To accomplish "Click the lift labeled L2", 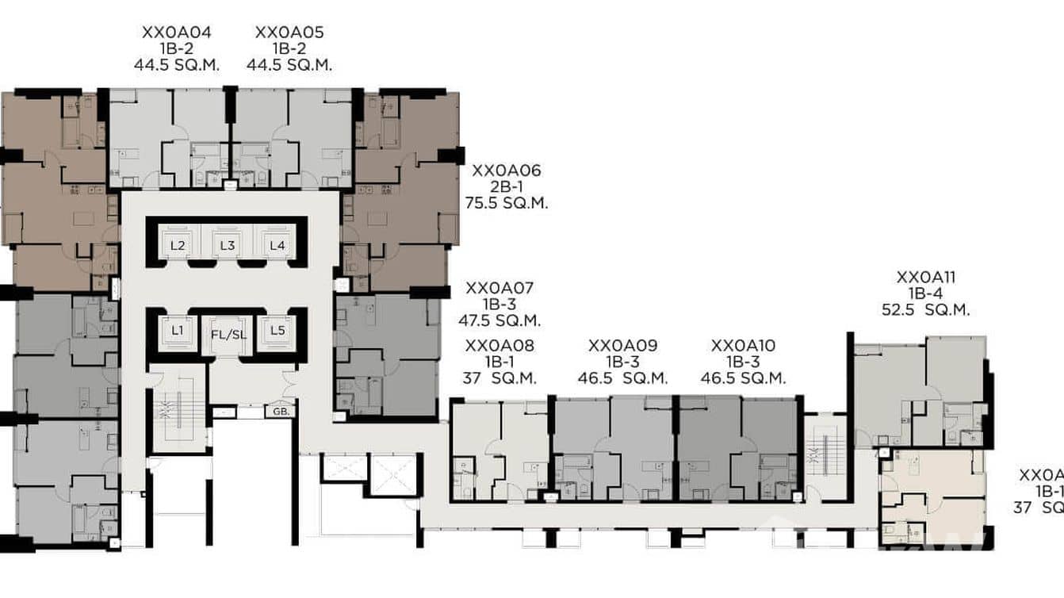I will click(178, 246).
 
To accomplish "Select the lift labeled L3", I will click(227, 246).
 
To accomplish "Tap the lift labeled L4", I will click(277, 246).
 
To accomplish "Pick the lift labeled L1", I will click(178, 329).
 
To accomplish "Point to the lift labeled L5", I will click(277, 329).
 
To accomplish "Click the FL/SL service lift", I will click(228, 334).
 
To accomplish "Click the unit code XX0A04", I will click(177, 33).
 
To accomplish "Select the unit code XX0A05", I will click(289, 33).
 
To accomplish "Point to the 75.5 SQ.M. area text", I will click(507, 203).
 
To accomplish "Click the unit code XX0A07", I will click(499, 288).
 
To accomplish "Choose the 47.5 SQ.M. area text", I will click(499, 321).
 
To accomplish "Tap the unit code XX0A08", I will click(499, 346).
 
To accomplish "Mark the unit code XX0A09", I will click(622, 346).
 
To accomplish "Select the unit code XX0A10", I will click(743, 346).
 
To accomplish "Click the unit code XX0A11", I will click(926, 278).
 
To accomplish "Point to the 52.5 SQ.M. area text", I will click(926, 310).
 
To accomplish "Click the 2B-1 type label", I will click(507, 186).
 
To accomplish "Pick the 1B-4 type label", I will click(926, 293).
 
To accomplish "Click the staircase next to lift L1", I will click(178, 409).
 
